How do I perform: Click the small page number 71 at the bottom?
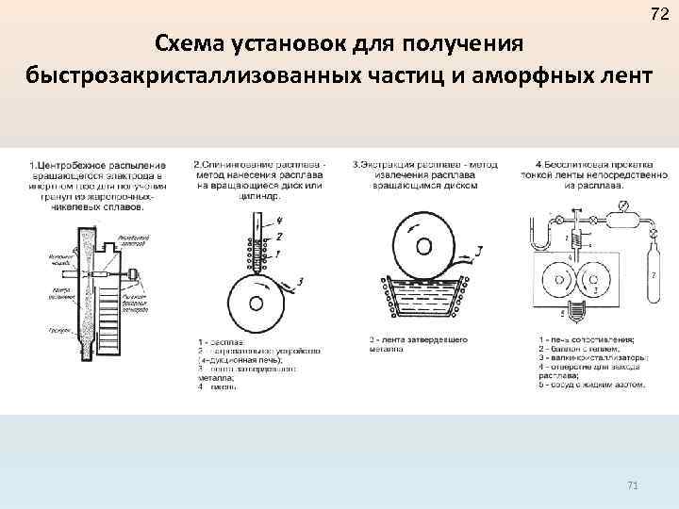tap(633, 485)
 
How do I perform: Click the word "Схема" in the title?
tap(194, 43)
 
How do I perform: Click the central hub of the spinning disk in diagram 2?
tap(255, 304)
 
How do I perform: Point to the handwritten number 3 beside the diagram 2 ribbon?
tap(300, 281)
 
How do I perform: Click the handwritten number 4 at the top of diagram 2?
tap(279, 222)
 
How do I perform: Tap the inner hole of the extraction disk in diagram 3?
tap(424, 246)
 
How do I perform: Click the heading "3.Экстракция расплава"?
tap(400, 165)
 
